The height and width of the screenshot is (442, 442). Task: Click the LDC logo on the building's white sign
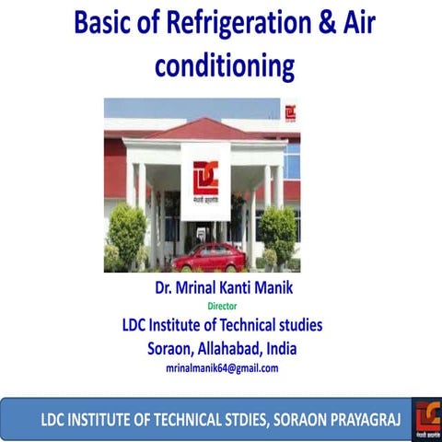point(205,175)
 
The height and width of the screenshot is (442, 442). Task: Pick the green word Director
point(221,304)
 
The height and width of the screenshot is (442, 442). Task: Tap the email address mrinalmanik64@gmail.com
point(221,367)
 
